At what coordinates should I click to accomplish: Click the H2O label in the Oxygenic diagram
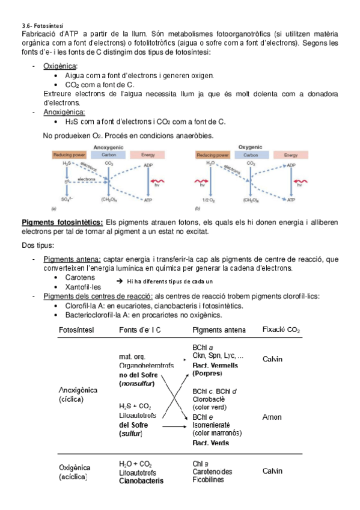click(x=210, y=163)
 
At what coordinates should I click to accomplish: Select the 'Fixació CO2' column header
click(x=281, y=330)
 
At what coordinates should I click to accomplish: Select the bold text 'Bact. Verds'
click(x=211, y=443)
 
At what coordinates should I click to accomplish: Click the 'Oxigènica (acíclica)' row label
click(x=75, y=472)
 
